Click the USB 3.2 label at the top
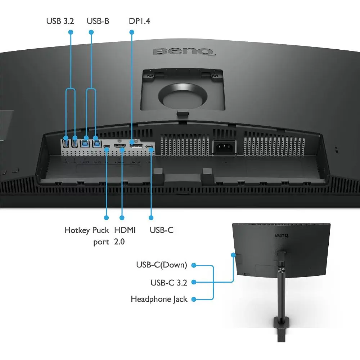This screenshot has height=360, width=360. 60,21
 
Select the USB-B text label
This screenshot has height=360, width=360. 98,21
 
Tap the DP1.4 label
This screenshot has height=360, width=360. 139,21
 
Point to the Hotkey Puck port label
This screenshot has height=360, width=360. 86,236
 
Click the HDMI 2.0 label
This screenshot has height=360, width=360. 125,236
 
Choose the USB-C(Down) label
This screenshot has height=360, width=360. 162,265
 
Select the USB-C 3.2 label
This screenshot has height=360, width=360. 169,283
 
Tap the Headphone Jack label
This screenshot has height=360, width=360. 159,299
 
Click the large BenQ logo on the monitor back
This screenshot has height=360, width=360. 184,52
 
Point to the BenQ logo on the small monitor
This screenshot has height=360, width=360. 282,235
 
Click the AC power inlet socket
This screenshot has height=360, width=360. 224,148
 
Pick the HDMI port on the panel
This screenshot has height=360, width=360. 120,146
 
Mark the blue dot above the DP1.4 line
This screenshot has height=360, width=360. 132,32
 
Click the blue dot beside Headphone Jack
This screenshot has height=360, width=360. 194,300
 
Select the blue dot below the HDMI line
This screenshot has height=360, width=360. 122,218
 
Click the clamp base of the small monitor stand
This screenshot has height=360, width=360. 282,329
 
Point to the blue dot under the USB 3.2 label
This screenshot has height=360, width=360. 71,32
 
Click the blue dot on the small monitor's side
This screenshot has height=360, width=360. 234,255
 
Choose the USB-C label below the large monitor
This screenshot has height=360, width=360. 162,230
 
